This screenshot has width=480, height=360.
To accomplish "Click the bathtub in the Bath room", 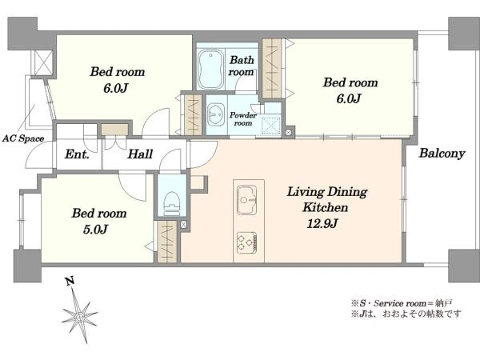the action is (210, 69).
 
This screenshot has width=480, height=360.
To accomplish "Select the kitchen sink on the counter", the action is (246, 200).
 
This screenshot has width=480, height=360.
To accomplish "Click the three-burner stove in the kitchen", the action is (246, 242).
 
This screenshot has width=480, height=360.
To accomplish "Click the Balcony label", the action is (442, 153).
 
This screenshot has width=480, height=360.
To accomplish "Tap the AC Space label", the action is (23, 138).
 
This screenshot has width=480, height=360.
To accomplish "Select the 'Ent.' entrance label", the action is (77, 154).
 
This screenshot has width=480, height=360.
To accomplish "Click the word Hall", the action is (140, 154).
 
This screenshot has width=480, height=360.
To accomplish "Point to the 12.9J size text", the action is (322, 224).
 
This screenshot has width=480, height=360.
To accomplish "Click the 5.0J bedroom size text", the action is (95, 230).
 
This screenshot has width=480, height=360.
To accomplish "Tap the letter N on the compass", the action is (70, 281).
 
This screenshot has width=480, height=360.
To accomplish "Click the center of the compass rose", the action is (80, 316).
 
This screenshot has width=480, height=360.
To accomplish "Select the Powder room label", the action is (243, 119).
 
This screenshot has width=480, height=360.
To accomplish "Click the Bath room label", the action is (242, 66).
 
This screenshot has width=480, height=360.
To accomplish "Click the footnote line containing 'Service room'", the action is (402, 303).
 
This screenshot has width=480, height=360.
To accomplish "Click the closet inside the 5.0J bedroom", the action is (167, 242).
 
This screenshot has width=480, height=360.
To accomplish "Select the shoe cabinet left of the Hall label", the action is (114, 130).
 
